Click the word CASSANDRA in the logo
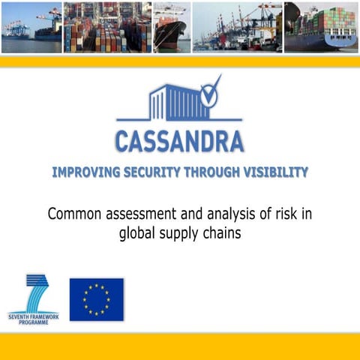pyautogui.click(x=179, y=140)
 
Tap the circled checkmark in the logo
pyautogui.click(x=209, y=95)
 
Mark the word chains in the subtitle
pyautogui.click(x=223, y=232)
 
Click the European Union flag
pyautogui.click(x=96, y=299)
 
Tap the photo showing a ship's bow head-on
pyautogui.click(x=171, y=27)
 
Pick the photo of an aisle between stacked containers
pyautogui.click(x=106, y=27)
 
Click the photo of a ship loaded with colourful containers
pyautogui.click(x=321, y=27)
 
